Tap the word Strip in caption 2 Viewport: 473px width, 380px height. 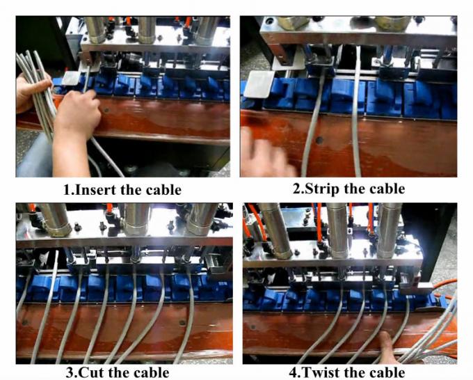(322, 189)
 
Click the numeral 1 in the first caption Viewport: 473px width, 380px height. (67, 190)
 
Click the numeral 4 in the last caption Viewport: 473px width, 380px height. (293, 372)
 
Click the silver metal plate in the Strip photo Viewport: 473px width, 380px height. (258, 84)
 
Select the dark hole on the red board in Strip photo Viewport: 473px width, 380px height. (319, 140)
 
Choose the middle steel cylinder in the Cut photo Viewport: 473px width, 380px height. (136, 219)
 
